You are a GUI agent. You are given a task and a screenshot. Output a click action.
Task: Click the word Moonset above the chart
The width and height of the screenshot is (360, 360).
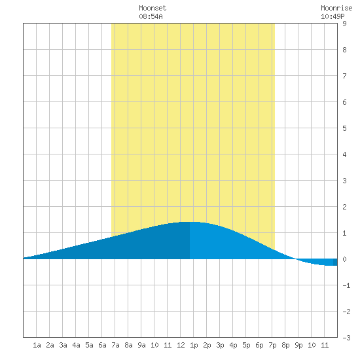[x=153, y=8]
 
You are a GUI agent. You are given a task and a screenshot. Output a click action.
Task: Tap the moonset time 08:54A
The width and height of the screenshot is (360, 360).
[x=151, y=16]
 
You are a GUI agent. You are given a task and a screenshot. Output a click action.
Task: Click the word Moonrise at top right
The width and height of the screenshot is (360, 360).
[x=336, y=8]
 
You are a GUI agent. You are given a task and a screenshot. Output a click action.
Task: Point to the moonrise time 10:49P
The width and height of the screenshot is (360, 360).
[x=333, y=16]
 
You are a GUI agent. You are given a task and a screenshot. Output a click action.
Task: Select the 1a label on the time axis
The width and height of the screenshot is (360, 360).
[x=37, y=345]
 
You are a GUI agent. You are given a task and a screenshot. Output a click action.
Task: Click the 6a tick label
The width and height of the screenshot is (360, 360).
[x=102, y=345]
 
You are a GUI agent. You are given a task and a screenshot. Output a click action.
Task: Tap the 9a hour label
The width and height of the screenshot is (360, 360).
[x=141, y=345]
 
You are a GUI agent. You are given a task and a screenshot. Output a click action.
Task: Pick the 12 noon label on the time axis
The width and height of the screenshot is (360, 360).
[x=181, y=345]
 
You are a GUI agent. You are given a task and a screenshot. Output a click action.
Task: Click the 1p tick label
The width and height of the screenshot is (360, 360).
[x=194, y=345]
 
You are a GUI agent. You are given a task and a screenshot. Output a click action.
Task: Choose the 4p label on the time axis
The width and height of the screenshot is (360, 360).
[x=233, y=345]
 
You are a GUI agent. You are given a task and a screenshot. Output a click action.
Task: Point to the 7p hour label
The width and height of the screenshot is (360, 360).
[x=272, y=345]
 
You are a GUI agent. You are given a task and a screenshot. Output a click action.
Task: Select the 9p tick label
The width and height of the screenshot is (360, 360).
[x=298, y=345]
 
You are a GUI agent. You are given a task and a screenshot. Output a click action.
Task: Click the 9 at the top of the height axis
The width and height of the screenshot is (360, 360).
[x=344, y=24]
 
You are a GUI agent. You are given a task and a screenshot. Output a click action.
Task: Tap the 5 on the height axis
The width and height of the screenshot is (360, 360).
[x=344, y=128]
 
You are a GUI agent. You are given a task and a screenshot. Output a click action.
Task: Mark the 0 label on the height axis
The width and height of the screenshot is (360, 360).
[x=344, y=259]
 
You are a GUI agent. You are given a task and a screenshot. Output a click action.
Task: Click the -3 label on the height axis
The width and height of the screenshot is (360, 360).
[x=346, y=338]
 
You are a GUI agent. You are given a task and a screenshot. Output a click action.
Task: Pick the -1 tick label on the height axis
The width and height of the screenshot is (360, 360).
[x=346, y=285]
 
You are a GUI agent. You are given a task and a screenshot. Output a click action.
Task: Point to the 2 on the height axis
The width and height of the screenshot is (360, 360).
[x=344, y=207]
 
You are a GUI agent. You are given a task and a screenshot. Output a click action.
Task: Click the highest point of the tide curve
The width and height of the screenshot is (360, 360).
[x=190, y=222]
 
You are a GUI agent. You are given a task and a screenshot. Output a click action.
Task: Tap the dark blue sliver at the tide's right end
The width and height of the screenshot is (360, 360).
[x=335, y=262]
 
